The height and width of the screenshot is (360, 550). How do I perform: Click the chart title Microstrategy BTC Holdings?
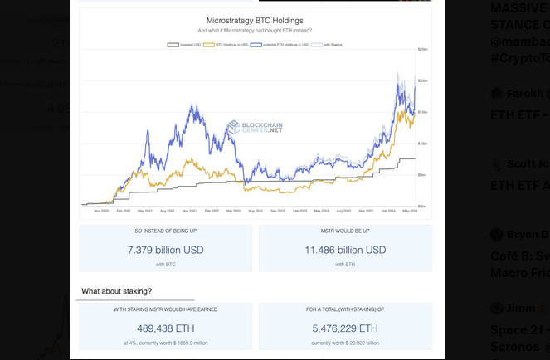256,19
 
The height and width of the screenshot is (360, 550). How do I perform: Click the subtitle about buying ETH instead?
256,30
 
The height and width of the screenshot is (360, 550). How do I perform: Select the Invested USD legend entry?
187,44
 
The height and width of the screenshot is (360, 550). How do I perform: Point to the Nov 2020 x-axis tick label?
102,211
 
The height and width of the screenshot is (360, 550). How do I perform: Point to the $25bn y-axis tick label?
422,50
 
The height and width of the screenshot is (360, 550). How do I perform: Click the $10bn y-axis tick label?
422,144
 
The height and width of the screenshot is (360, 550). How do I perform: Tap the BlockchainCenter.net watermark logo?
255,128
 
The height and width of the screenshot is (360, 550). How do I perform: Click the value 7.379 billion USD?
166,250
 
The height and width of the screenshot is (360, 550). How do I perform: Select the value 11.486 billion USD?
345,250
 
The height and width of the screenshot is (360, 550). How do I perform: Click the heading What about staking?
116,291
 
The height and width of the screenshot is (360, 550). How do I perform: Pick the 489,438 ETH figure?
166,328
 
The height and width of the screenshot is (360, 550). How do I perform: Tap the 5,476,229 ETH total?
345,328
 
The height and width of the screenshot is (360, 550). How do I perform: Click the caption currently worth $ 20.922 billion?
345,343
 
